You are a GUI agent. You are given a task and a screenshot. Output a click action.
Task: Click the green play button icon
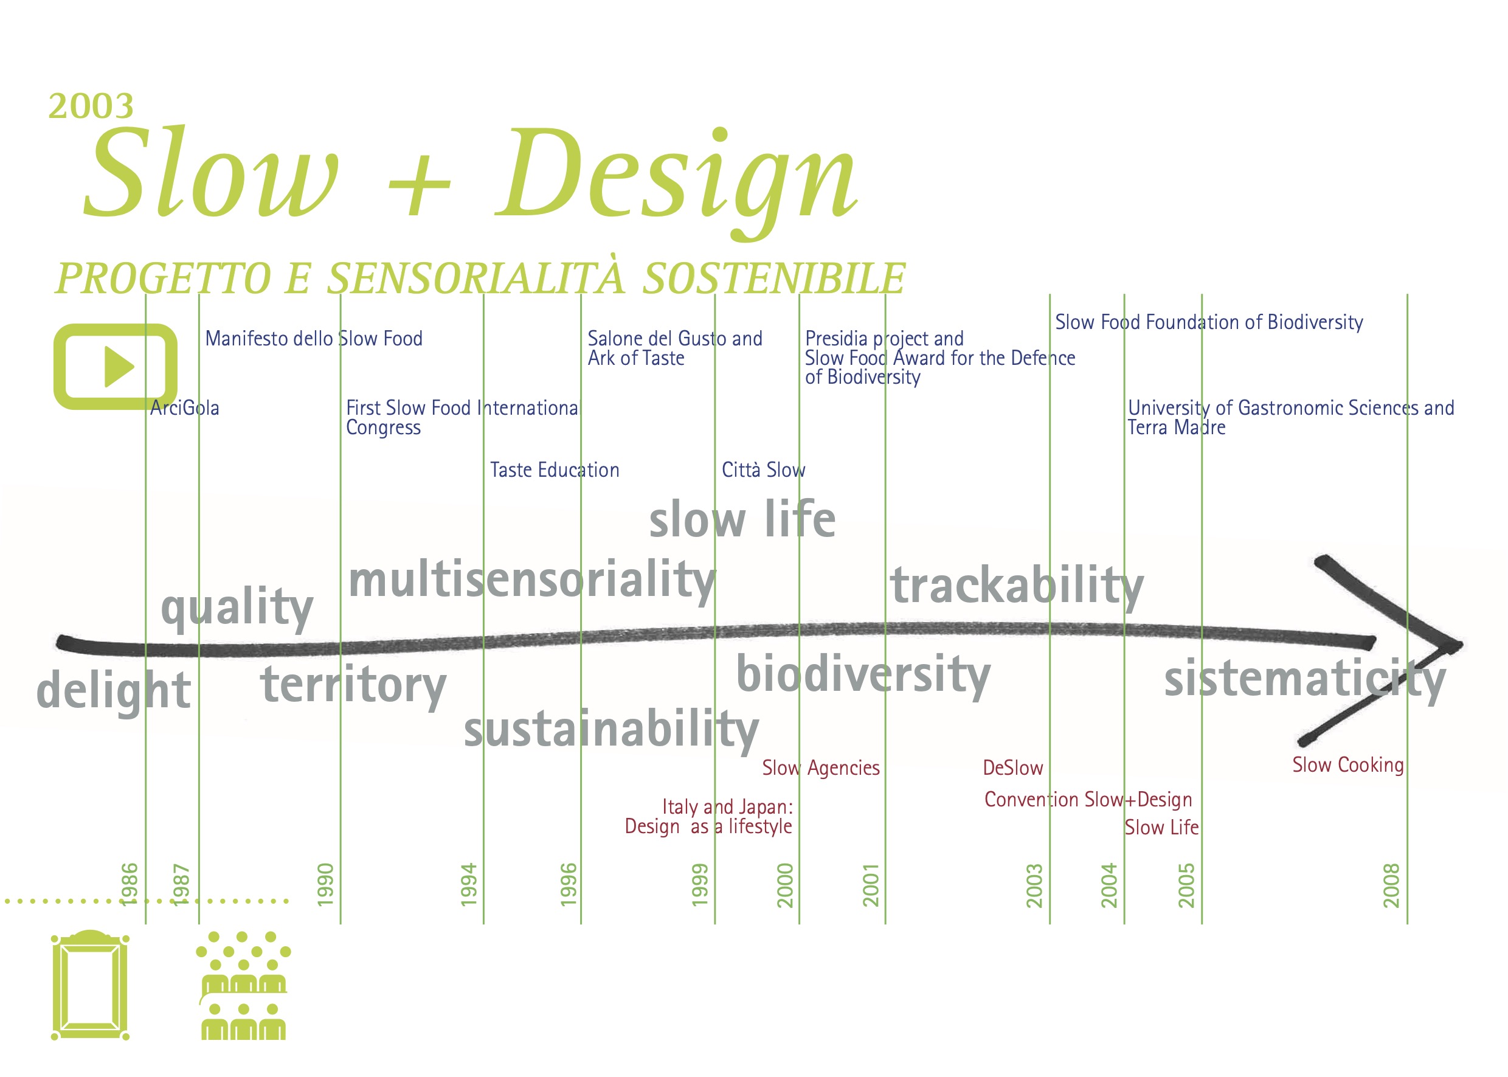[x=116, y=366]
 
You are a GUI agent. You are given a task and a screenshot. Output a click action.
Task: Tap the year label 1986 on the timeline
[x=130, y=884]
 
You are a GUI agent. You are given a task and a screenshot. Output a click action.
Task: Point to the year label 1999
[x=700, y=884]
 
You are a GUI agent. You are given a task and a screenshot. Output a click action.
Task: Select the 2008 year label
[x=1391, y=885]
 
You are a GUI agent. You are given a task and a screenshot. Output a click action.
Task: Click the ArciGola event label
[x=184, y=408]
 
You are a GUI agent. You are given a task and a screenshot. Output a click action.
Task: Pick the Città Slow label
[x=763, y=469]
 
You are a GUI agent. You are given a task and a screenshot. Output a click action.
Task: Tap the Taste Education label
[x=555, y=470]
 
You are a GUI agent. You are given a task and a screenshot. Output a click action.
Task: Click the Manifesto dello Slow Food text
[x=314, y=338]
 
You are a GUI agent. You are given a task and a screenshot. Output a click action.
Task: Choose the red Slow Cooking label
[x=1347, y=765]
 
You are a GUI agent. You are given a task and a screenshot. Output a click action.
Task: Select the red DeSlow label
[x=1012, y=768]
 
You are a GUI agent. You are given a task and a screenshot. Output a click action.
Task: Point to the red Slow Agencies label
[x=820, y=768]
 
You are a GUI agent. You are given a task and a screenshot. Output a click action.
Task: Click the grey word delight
[x=114, y=691]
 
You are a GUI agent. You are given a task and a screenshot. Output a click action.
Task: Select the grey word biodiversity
[x=863, y=675]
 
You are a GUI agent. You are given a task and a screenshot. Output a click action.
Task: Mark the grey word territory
[x=353, y=687]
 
